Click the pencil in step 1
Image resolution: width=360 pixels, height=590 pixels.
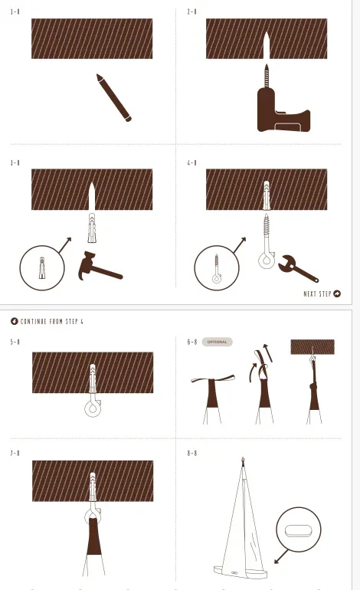click(x=114, y=98)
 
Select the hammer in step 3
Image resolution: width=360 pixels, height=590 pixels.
click(x=100, y=267)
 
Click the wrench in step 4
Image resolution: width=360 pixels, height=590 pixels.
click(x=298, y=268)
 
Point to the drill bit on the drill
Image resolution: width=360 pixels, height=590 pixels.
click(x=267, y=75)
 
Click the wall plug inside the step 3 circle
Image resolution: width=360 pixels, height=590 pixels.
click(x=42, y=267)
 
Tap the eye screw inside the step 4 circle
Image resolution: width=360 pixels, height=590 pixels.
click(x=216, y=269)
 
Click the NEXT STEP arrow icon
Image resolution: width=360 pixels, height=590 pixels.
click(x=337, y=294)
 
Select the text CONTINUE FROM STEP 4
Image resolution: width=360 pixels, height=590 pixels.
click(x=51, y=321)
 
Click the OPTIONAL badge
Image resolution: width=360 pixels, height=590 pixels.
click(x=217, y=342)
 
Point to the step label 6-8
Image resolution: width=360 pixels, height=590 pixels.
click(x=191, y=342)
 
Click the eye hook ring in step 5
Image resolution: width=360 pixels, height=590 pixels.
click(x=93, y=408)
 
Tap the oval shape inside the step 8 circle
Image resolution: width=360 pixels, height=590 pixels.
click(x=298, y=530)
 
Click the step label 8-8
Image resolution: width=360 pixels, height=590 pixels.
click(x=191, y=454)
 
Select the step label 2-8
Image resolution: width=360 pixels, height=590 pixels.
click(x=191, y=11)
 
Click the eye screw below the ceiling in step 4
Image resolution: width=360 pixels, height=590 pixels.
click(x=267, y=241)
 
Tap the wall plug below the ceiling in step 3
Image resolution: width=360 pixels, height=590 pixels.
click(x=92, y=228)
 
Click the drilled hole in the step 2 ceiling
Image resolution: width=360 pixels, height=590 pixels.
click(x=267, y=45)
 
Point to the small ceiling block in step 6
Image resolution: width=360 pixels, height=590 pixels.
click(x=313, y=347)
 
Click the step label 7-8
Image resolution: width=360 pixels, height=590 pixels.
click(x=15, y=454)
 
